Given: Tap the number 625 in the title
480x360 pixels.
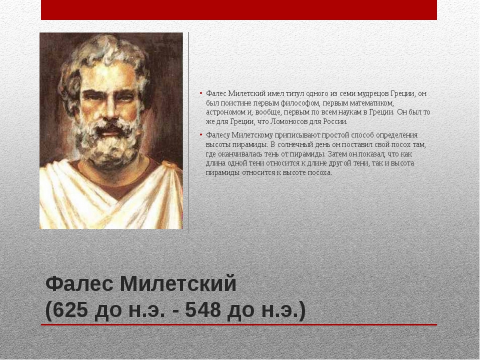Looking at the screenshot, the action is [70, 309].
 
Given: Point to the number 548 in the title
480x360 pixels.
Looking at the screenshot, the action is [202, 309].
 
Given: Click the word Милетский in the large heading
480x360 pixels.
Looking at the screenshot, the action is [178, 283].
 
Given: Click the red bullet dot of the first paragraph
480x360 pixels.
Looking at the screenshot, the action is [201, 93].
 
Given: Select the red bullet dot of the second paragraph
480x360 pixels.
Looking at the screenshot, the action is [201, 134].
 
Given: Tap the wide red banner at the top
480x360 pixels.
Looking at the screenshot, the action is [239, 10].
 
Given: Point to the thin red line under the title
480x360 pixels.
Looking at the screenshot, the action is [239, 325].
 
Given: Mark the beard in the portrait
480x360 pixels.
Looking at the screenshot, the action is [108, 144].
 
